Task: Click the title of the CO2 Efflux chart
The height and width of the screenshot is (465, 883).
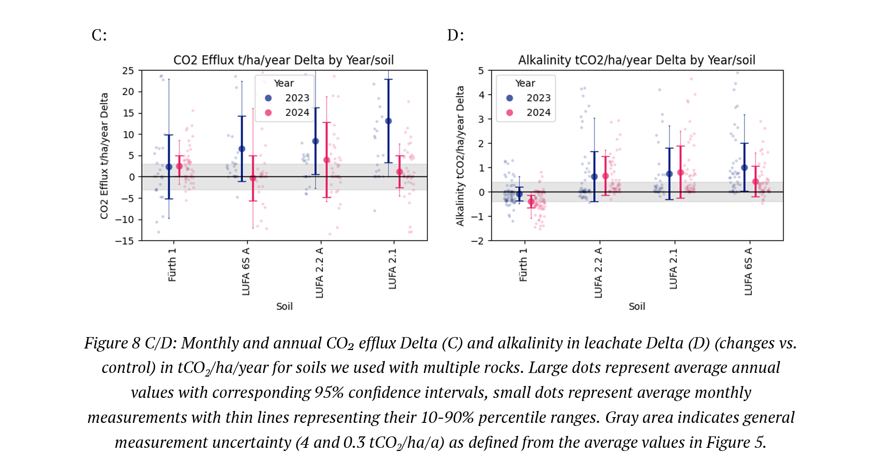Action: pyautogui.click(x=283, y=60)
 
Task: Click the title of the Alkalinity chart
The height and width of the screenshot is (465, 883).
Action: pyautogui.click(x=636, y=60)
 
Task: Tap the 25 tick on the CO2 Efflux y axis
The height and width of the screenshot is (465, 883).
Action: pyautogui.click(x=128, y=71)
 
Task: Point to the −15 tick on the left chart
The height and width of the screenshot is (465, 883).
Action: pyautogui.click(x=124, y=241)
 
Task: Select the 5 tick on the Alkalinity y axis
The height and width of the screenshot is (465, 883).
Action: pyautogui.click(x=481, y=71)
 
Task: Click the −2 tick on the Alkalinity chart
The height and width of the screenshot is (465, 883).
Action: pyautogui.click(x=477, y=241)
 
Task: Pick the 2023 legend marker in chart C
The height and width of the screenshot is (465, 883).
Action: pyautogui.click(x=268, y=98)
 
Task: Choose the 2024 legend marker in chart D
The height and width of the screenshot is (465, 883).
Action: pyautogui.click(x=510, y=112)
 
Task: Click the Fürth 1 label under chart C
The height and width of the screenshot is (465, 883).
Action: pyautogui.click(x=172, y=265)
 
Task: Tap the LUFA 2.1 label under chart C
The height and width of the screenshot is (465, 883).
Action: pyautogui.click(x=393, y=268)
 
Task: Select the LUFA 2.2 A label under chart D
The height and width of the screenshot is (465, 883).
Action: pyautogui.click(x=598, y=273)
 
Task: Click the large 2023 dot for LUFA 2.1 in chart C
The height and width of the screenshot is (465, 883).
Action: pyautogui.click(x=388, y=121)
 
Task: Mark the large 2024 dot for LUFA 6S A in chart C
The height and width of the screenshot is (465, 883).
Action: pyautogui.click(x=253, y=178)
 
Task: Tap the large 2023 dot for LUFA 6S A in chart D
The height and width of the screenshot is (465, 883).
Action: pyautogui.click(x=745, y=167)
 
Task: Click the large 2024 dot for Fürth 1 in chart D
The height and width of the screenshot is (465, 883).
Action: pyautogui.click(x=531, y=202)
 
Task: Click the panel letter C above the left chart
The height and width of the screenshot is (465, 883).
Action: pyautogui.click(x=98, y=35)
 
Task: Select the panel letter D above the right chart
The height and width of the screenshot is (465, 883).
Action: pyautogui.click(x=455, y=35)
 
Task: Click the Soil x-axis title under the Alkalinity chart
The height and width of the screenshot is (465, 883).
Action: pyautogui.click(x=637, y=306)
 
